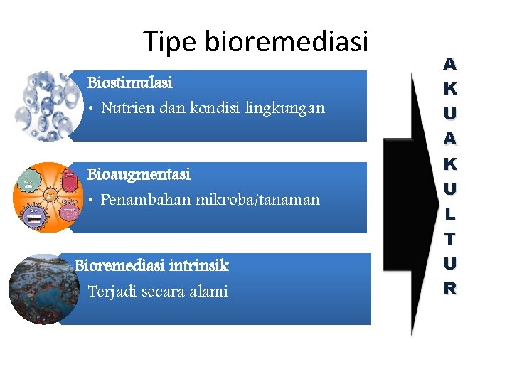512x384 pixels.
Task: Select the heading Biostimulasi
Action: point(129,82)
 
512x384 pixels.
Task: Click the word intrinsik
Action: point(199,266)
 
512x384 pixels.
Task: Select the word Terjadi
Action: point(112,292)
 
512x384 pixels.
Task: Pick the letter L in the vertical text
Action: point(450,213)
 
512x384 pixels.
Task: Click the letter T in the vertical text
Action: point(450,238)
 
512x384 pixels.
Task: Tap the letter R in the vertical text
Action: point(450,289)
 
